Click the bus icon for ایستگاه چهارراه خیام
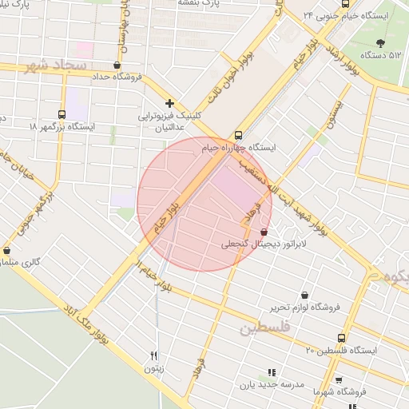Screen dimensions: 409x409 (x=238, y=135)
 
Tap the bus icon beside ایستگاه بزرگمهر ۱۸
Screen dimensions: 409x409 (x=62, y=114)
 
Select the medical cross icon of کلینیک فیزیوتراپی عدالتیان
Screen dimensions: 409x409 (x=169, y=103)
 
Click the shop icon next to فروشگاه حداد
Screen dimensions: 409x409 (x=118, y=66)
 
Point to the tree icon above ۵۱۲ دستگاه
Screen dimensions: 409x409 (x=379, y=42)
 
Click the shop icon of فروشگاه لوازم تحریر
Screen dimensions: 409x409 (x=304, y=295)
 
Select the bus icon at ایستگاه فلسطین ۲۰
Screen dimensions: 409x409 (x=343, y=339)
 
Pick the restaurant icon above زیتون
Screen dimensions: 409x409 (x=153, y=356)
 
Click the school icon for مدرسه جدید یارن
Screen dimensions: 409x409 (x=272, y=372)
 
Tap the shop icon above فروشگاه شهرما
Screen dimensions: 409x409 (x=339, y=380)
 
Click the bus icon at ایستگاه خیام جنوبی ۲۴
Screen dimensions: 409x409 (x=310, y=16)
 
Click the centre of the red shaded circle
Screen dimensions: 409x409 (x=204, y=204)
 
